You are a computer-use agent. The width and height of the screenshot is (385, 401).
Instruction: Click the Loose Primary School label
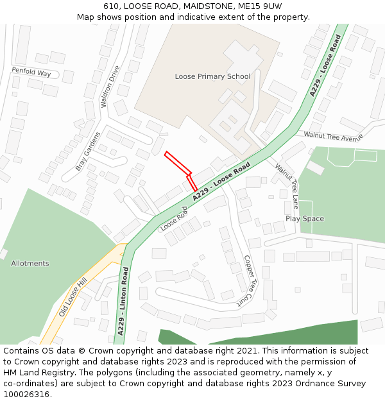[212, 77]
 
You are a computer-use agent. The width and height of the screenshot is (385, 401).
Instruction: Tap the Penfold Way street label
[31, 73]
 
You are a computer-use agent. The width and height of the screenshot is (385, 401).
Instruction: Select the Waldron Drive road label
[110, 86]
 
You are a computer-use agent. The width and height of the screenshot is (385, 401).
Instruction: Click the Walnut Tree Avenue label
[334, 136]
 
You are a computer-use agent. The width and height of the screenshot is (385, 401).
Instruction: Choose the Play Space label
[305, 219]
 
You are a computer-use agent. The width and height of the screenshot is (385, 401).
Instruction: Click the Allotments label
[30, 264]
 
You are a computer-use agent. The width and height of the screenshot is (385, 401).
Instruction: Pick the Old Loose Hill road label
[73, 297]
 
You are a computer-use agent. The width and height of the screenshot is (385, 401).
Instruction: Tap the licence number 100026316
[26, 394]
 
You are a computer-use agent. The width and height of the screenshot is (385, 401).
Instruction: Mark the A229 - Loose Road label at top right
[325, 65]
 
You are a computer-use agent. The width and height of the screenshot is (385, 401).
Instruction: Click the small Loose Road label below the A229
[174, 218]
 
